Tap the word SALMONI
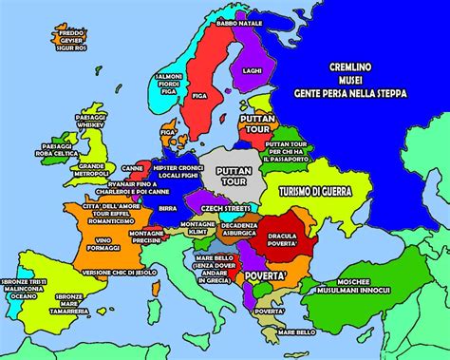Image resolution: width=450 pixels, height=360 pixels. click(170, 74)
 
